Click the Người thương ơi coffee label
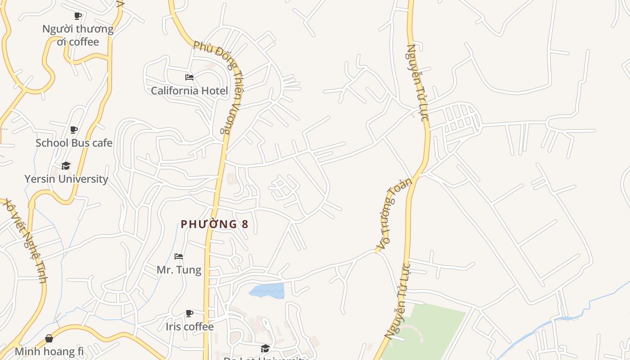(x=78, y=35)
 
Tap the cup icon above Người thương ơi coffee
(x=78, y=16)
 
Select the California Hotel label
(x=189, y=90)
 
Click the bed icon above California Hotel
(x=189, y=77)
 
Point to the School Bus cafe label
(x=74, y=143)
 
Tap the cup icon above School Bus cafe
(x=74, y=130)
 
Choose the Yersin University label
(x=66, y=179)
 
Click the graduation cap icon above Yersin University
(x=66, y=166)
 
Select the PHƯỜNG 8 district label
(x=215, y=224)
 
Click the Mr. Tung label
(x=179, y=270)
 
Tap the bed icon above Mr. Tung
(x=179, y=257)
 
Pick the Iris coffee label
(x=189, y=326)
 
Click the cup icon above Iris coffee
(x=189, y=313)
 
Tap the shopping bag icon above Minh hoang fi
(x=49, y=338)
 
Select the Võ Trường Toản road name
(x=394, y=215)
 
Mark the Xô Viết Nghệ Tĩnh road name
(x=25, y=241)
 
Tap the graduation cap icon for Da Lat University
(x=265, y=348)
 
